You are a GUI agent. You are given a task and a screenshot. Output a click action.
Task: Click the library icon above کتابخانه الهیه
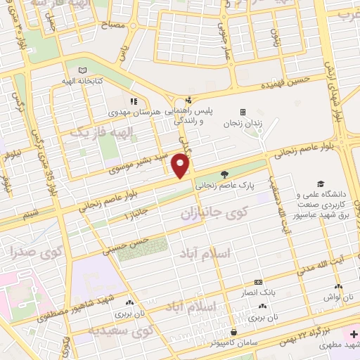pos(84,71)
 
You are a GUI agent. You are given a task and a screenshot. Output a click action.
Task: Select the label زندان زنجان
pos(242,123)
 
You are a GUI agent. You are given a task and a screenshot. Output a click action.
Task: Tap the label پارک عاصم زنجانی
pos(224,187)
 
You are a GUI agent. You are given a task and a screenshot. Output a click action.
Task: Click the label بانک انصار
pos(259,290)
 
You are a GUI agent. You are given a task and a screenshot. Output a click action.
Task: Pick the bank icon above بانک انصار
pos(258,281)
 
